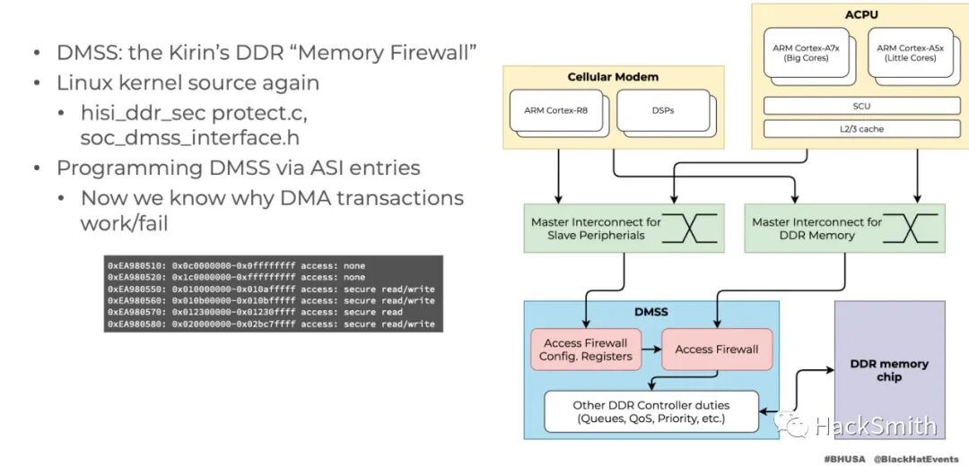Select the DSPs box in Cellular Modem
click(x=661, y=111)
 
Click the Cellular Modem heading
click(x=614, y=77)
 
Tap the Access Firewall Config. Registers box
click(x=586, y=349)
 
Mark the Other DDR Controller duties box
click(x=651, y=411)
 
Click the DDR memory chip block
click(x=889, y=370)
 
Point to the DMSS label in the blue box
click(x=651, y=313)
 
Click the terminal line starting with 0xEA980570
click(x=274, y=313)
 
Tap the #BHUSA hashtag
click(x=844, y=458)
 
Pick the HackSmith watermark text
click(x=875, y=427)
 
